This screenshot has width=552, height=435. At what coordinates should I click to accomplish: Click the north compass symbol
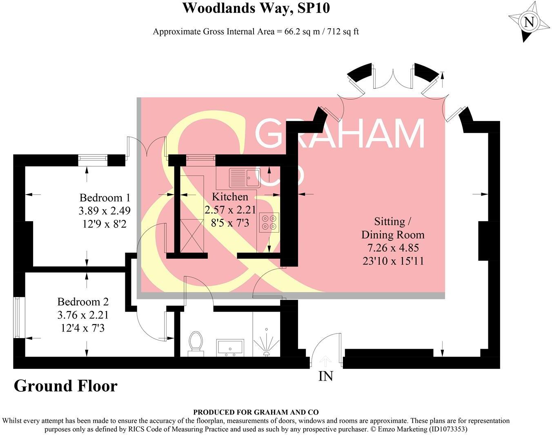[528, 21]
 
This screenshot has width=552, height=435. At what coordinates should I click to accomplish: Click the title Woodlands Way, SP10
[256, 8]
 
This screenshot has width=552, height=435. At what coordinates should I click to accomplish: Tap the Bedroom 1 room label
[105, 198]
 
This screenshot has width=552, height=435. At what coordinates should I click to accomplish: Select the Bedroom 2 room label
[83, 302]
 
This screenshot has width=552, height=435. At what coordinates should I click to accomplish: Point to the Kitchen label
[230, 197]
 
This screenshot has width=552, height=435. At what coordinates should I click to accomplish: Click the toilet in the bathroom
[196, 342]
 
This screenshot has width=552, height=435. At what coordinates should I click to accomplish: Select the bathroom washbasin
[230, 347]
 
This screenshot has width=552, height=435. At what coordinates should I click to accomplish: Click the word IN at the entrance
[325, 376]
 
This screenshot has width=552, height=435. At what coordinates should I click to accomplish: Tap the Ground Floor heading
[65, 386]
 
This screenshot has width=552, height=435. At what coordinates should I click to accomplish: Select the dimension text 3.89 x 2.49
[105, 211]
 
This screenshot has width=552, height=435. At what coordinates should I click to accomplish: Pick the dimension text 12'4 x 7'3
[83, 328]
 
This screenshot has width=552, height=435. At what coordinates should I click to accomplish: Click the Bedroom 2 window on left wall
[17, 317]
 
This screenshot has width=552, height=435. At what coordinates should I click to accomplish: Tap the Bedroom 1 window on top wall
[93, 160]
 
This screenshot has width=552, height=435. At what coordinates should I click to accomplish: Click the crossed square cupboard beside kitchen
[191, 235]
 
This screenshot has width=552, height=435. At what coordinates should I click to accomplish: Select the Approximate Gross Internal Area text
[256, 31]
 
